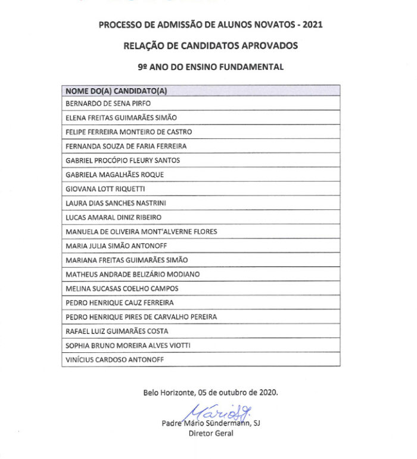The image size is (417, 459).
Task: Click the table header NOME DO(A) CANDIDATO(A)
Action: [116, 91]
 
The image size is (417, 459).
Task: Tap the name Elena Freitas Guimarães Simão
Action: [121, 117]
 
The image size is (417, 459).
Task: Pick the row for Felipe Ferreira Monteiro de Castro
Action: [129, 132]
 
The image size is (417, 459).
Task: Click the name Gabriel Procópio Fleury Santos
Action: [123, 160]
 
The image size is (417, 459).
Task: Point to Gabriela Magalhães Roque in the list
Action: [114, 175]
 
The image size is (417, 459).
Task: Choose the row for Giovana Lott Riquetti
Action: [105, 189]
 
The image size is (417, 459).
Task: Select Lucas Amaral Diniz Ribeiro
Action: [113, 218]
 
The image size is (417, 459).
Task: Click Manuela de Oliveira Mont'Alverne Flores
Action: [141, 231]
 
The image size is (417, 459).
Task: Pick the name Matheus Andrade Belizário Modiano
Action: [132, 274]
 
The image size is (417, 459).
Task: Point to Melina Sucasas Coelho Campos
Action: [122, 289]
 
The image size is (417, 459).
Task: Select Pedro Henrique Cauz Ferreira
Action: [120, 303]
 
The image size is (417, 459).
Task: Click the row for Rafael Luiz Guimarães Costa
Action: [117, 331]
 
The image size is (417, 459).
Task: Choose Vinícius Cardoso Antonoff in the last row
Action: [114, 359]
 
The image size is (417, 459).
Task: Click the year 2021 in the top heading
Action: [313, 24]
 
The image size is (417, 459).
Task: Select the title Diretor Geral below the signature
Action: [211, 433]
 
